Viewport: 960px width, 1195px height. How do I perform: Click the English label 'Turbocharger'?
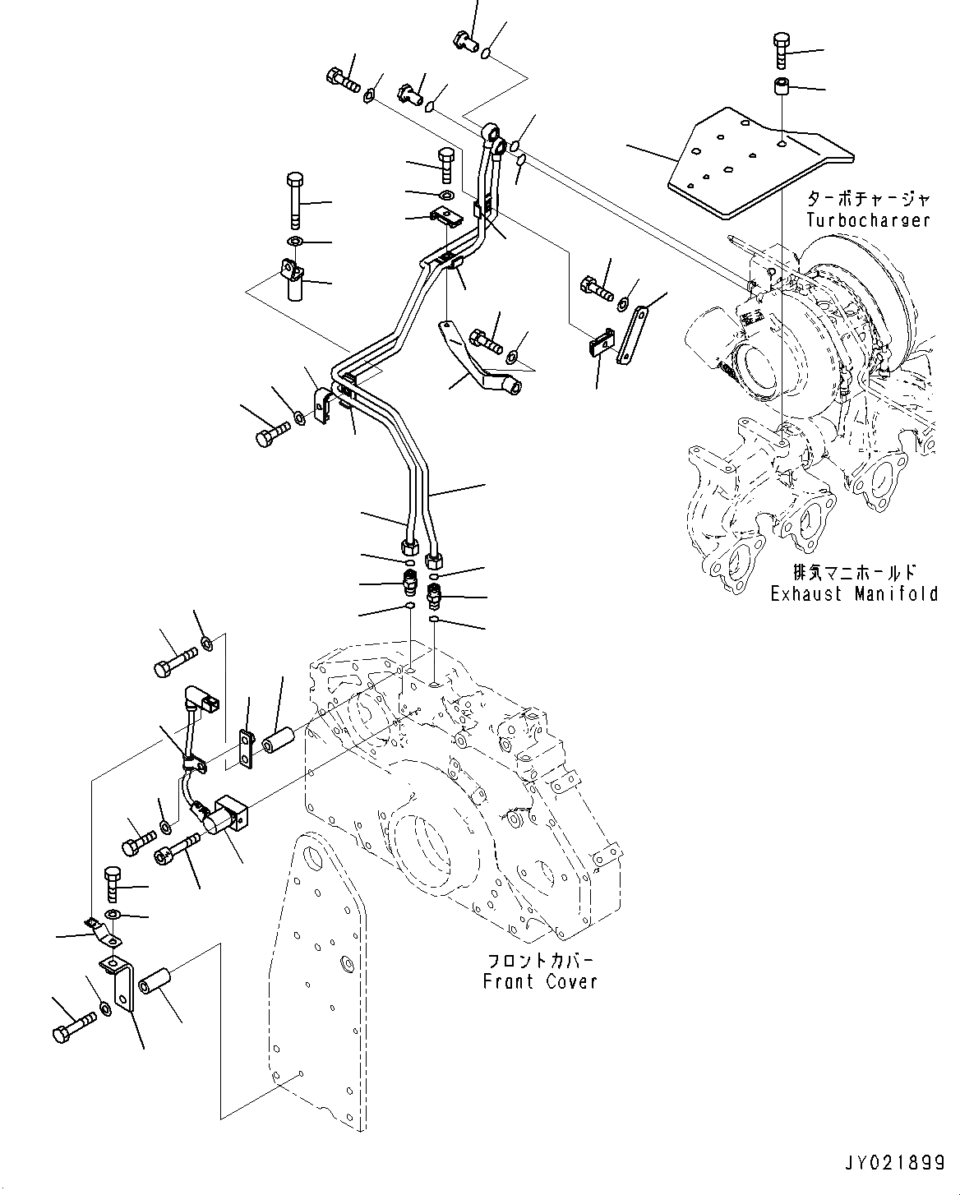[x=868, y=220]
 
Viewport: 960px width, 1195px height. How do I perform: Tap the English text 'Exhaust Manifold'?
[x=854, y=593]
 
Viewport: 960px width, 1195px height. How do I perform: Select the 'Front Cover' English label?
[x=540, y=981]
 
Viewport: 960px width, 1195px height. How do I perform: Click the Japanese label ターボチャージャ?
[x=868, y=200]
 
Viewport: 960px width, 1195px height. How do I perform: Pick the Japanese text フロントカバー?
[x=540, y=961]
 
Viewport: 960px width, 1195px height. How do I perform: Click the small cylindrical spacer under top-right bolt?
[x=780, y=86]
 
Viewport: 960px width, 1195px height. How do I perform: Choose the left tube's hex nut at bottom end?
[x=408, y=548]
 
